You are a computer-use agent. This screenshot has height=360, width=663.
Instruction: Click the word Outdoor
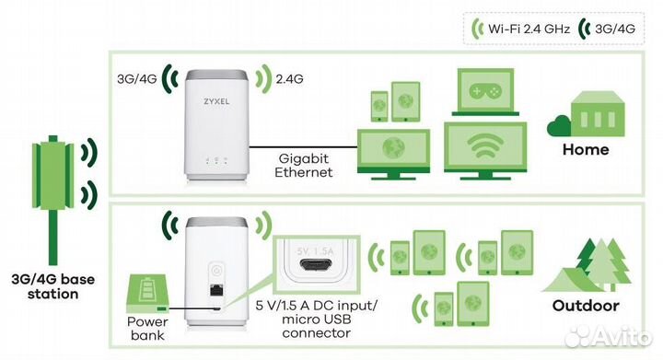pos(586,306)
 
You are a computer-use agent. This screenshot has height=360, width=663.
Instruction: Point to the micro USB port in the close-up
pos(316,268)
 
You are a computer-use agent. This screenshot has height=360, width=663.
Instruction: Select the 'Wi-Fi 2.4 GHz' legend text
pos(529,29)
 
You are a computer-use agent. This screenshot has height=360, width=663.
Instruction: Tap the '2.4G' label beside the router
pos(288,78)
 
